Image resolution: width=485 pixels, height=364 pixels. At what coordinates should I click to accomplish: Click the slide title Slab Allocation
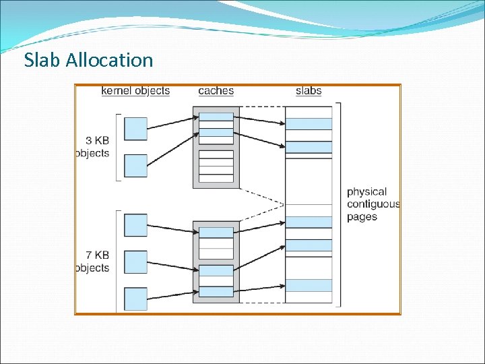tap(88, 60)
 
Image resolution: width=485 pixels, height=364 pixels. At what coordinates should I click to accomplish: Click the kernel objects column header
tap(135, 90)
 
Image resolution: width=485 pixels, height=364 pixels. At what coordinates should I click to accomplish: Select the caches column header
tap(216, 90)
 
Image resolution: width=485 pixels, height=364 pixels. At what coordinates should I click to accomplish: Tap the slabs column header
tap(309, 90)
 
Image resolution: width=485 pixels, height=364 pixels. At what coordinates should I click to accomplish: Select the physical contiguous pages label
tap(373, 204)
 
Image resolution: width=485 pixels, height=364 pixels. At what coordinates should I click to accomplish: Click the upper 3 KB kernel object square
tap(136, 128)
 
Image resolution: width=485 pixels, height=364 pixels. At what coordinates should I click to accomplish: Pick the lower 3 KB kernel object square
tap(136, 166)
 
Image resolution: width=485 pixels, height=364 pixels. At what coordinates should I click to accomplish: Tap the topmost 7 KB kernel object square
tap(136, 225)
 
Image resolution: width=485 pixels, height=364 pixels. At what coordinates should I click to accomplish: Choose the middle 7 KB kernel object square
tap(136, 262)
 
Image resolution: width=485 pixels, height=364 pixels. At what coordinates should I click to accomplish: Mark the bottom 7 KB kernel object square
tap(136, 299)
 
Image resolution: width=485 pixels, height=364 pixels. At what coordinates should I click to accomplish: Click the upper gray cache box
tap(216, 147)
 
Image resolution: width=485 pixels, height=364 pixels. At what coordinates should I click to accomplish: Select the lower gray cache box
tap(216, 262)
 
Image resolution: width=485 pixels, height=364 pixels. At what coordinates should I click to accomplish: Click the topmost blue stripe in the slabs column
tap(309, 124)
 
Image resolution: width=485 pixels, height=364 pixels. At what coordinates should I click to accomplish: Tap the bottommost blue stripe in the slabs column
tap(309, 285)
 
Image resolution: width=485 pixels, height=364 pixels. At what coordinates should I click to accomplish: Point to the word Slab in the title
tap(43, 60)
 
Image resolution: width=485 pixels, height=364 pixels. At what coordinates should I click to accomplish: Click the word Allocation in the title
tap(110, 60)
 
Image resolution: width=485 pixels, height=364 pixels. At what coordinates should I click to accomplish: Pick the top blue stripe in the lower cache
tap(216, 233)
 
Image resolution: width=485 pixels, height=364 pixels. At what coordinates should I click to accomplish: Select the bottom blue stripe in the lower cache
tap(216, 292)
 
